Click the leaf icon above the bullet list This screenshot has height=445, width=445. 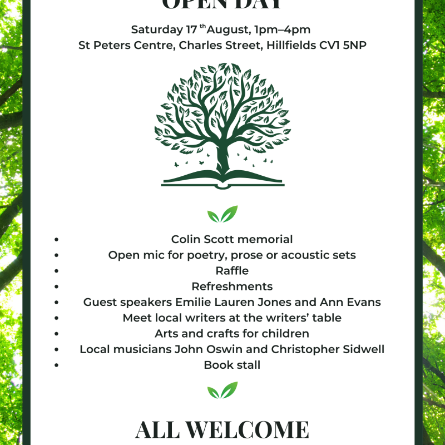(222, 214)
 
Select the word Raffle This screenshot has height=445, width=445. (232, 271)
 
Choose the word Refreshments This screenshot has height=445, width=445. (232, 286)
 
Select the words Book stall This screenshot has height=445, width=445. (232, 365)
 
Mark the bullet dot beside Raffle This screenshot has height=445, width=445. (57, 271)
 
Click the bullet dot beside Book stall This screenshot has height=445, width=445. (57, 365)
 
